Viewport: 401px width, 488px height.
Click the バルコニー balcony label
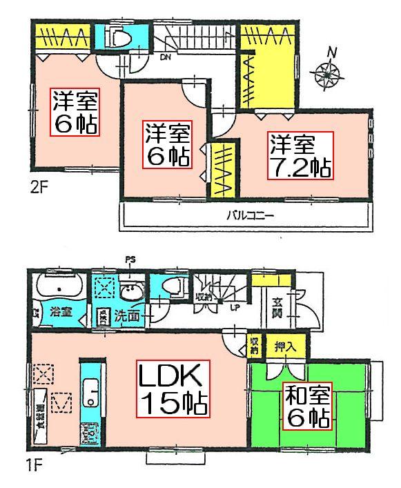(250, 215)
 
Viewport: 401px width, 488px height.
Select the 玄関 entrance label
(275, 306)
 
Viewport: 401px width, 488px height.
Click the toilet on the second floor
(121, 37)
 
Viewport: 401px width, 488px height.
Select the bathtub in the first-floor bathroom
(58, 286)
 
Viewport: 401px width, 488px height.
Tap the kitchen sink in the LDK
(90, 394)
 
